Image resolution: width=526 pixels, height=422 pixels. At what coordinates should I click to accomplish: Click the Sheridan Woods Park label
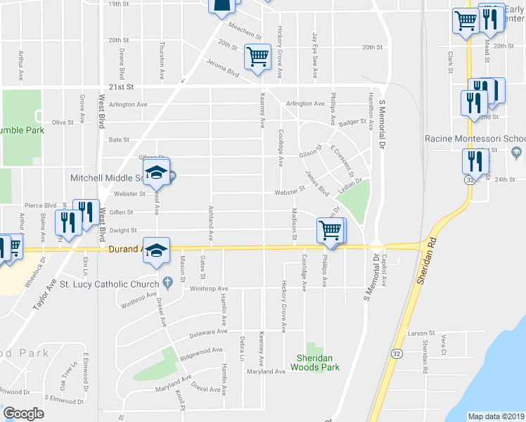click(x=313, y=362)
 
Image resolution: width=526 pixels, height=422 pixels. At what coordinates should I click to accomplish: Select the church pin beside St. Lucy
click(x=167, y=283)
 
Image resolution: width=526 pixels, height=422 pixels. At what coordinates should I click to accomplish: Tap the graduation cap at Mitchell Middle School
click(x=157, y=172)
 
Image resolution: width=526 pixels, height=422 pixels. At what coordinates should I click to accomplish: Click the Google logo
click(x=23, y=414)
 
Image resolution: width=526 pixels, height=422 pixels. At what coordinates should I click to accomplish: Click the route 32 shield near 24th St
click(x=467, y=180)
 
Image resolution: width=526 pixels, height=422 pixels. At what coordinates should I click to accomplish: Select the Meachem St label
click(x=245, y=31)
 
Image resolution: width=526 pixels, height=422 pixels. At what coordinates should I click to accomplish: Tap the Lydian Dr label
click(x=349, y=185)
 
